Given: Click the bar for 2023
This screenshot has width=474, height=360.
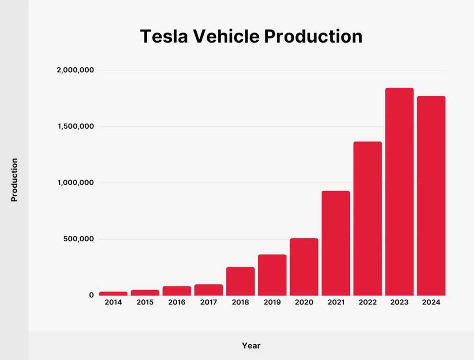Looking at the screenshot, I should tap(399, 192).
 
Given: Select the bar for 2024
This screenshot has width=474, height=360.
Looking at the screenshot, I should tap(431, 196).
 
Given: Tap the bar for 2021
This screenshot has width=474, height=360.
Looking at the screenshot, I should tap(336, 243).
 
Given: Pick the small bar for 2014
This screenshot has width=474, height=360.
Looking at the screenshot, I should tap(113, 293).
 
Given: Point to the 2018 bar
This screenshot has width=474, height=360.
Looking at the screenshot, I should tap(240, 281).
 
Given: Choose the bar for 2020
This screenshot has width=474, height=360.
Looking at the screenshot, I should tap(304, 267).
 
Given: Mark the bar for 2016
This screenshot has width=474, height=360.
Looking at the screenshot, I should tap(177, 291).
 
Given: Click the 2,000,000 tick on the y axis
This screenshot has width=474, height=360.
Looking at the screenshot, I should tap(75, 70).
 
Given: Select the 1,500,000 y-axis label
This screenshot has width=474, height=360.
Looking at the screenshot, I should tap(75, 127).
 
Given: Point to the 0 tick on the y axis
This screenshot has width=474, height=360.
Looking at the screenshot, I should tap(91, 295).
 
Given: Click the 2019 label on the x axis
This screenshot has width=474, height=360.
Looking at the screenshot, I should tap(272, 302).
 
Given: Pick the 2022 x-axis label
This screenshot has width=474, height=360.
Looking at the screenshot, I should tap(368, 302).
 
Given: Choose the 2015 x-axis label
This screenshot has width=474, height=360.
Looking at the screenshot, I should tap(145, 302).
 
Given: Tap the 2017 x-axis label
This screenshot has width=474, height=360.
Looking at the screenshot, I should tap(209, 302).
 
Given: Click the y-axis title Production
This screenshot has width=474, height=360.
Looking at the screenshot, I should tap(14, 180).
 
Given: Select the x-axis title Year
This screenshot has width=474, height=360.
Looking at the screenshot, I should tap(251, 346).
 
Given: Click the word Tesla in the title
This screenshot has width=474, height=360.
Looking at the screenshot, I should tap(163, 36).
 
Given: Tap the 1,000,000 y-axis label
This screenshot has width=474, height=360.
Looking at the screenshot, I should tap(75, 183).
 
